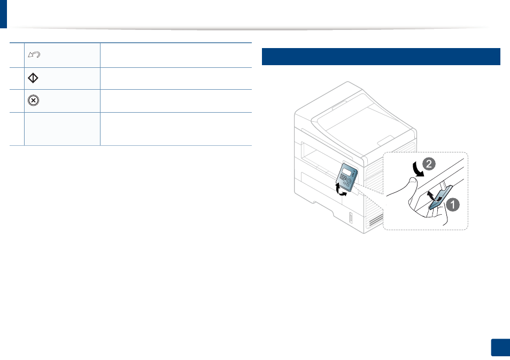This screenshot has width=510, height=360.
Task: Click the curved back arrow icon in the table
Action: [34, 54]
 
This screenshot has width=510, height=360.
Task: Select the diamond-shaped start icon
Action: [33, 78]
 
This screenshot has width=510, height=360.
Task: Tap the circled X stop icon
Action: [33, 100]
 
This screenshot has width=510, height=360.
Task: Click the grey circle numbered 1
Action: [452, 205]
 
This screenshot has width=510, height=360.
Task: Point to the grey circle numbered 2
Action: [429, 164]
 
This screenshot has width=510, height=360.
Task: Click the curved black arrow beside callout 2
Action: [417, 169]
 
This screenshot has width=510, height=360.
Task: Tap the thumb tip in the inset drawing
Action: [412, 181]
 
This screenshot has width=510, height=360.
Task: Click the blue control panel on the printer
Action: [347, 177]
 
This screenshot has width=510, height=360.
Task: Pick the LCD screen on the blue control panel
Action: [347, 172]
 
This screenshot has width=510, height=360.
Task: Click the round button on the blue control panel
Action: [349, 181]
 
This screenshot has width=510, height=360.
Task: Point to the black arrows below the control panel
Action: [340, 190]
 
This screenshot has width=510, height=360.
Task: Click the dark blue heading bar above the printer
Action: [381, 57]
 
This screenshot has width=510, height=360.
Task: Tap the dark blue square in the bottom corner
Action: [500, 348]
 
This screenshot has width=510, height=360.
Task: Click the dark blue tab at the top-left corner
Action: [3, 14]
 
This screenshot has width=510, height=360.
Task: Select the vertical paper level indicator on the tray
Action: [351, 218]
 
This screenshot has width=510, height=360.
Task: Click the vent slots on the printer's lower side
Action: [375, 220]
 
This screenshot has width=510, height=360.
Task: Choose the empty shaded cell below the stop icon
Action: [62, 129]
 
